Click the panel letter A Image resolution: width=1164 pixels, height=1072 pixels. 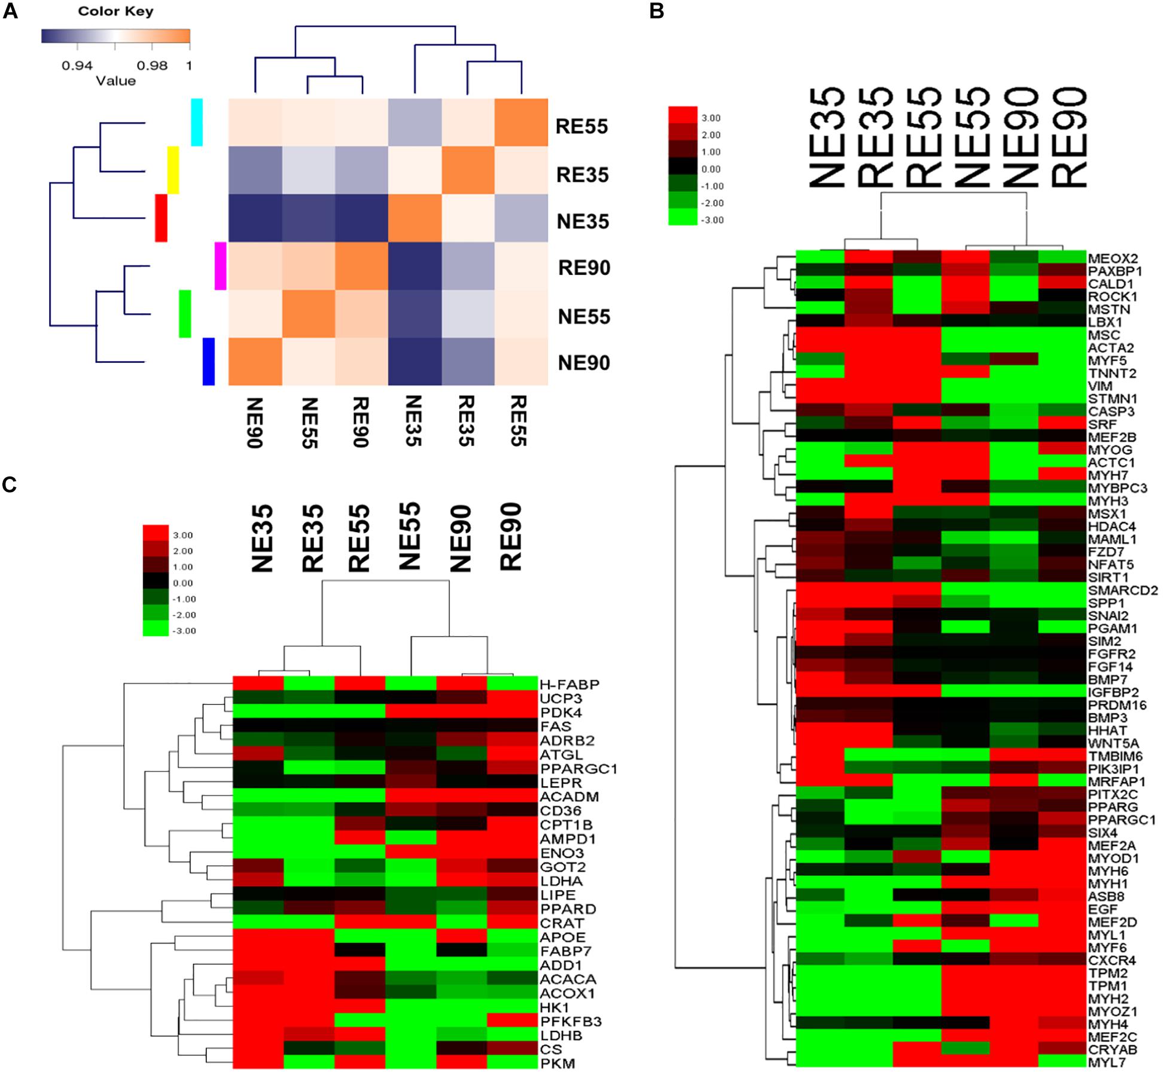pyautogui.click(x=10, y=11)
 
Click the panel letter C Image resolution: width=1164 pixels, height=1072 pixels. pyautogui.click(x=10, y=484)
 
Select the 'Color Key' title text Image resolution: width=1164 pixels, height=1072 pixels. pyautogui.click(x=115, y=11)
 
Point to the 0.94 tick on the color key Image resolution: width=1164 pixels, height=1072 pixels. pyautogui.click(x=77, y=65)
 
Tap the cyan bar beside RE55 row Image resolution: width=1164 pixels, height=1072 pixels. pyautogui.click(x=197, y=122)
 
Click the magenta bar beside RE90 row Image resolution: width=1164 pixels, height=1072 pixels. pyautogui.click(x=220, y=266)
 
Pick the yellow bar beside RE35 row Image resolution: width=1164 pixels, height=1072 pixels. pyautogui.click(x=173, y=170)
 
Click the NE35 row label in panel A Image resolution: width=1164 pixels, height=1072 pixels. pyautogui.click(x=583, y=222)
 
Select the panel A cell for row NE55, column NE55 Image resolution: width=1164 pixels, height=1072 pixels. pyautogui.click(x=308, y=314)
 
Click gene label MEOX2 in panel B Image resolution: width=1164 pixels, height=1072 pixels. pyautogui.click(x=1113, y=258)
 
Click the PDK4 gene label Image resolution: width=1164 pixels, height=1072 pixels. pyautogui.click(x=560, y=713)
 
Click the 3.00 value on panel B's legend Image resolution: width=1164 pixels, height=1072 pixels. pyautogui.click(x=712, y=118)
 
